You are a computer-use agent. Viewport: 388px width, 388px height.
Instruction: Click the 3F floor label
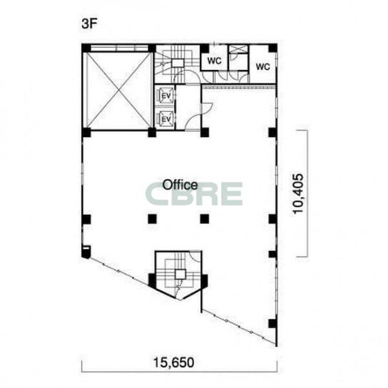click(x=90, y=24)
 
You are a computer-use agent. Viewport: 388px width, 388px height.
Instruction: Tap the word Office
click(x=180, y=185)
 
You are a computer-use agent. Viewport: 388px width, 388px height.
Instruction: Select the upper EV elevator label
click(x=166, y=96)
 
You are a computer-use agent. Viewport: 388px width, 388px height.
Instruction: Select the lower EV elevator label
click(x=166, y=120)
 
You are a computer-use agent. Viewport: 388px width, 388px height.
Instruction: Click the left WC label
click(x=214, y=61)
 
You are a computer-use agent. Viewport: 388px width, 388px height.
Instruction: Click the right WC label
click(x=262, y=66)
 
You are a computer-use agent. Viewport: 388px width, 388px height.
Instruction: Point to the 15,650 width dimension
click(x=174, y=362)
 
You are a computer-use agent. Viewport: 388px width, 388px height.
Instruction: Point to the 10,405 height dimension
click(x=297, y=193)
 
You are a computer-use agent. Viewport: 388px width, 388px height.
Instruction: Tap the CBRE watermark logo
click(x=194, y=194)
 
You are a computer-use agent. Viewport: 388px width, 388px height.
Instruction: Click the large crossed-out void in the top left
click(x=119, y=90)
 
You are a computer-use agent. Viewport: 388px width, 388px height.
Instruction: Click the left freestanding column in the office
click(x=152, y=219)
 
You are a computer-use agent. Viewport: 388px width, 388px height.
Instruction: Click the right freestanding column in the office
click(x=205, y=219)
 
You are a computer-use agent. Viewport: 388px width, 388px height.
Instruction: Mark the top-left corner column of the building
click(x=86, y=48)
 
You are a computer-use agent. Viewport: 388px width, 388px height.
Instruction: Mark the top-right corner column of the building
click(x=272, y=48)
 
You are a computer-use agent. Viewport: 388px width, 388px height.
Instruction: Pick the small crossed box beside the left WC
click(x=238, y=48)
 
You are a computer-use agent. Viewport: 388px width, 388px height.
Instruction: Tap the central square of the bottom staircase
click(x=180, y=274)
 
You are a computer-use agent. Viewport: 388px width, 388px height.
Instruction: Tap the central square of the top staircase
click(x=178, y=63)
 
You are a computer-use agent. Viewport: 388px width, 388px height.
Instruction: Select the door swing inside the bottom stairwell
click(x=195, y=256)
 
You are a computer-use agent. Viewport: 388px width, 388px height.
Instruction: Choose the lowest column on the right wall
click(x=272, y=323)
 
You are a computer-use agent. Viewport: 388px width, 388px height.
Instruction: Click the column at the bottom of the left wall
click(x=86, y=252)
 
